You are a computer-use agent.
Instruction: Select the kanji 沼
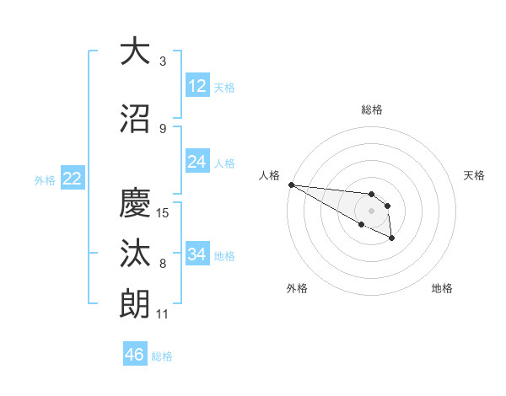click(x=135, y=118)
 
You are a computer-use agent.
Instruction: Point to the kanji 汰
click(x=135, y=253)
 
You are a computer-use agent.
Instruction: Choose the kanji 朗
click(x=135, y=304)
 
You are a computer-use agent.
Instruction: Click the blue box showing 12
click(x=197, y=86)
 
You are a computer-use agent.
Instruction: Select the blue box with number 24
click(x=197, y=162)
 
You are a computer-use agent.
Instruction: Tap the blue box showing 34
click(x=197, y=254)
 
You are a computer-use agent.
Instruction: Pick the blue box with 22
click(x=72, y=179)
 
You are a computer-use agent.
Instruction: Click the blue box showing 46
click(x=135, y=354)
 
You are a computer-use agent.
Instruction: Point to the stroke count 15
click(x=164, y=212)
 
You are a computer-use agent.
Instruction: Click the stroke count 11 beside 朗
click(x=163, y=314)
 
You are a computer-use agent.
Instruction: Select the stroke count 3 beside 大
click(x=163, y=62)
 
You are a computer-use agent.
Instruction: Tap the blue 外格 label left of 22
click(x=45, y=179)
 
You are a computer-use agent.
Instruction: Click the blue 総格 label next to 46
click(x=162, y=356)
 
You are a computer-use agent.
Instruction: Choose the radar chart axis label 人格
click(x=270, y=175)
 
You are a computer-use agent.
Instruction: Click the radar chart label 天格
click(x=474, y=175)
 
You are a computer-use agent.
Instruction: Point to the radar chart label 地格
click(x=442, y=288)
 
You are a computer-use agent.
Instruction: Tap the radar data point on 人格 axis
click(x=291, y=185)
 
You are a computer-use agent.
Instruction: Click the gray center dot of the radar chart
click(x=371, y=211)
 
